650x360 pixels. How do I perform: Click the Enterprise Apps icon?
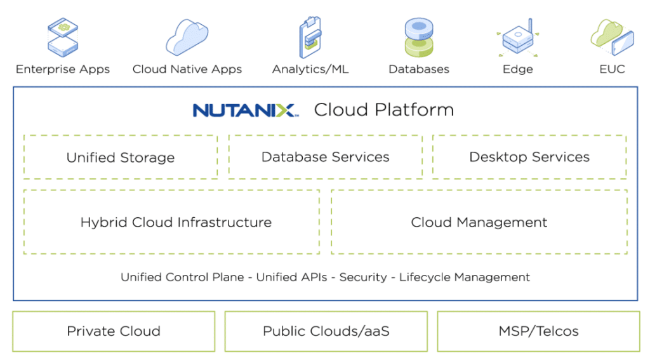point(63,37)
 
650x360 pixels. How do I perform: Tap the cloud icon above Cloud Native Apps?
point(187,37)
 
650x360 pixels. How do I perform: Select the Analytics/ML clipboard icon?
point(310,37)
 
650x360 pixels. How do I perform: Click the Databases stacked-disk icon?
point(419,37)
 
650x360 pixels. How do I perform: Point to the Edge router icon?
point(518,37)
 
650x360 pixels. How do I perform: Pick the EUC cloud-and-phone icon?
point(613,37)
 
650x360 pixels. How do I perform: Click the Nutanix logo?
point(246,110)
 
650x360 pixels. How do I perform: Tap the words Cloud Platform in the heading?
point(384,110)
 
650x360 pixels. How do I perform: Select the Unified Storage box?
point(121,157)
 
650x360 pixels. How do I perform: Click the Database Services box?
point(326,157)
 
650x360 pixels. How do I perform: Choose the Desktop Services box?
point(529,157)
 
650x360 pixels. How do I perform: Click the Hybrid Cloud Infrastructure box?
point(171,222)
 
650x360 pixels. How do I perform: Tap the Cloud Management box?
point(479,222)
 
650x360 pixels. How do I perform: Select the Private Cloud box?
point(114,331)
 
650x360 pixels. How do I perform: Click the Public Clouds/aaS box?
point(326,331)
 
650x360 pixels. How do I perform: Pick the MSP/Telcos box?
point(538,331)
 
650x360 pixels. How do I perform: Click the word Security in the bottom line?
point(363,277)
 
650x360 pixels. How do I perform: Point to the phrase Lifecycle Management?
point(465,277)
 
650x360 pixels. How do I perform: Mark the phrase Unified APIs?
point(292,277)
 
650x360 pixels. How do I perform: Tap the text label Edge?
point(518,69)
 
